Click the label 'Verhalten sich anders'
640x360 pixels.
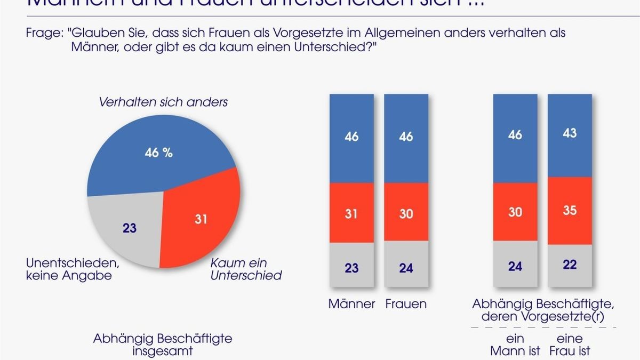[x=163, y=102]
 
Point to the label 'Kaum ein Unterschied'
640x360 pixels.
[x=246, y=269]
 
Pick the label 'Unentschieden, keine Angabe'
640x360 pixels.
[x=72, y=269]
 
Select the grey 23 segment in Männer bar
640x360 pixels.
[x=351, y=267]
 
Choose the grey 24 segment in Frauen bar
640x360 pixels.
[x=406, y=267]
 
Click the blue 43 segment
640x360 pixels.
[x=570, y=135]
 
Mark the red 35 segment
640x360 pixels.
[x=570, y=211]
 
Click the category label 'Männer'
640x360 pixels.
[x=351, y=304]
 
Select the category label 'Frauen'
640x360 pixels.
[x=406, y=304]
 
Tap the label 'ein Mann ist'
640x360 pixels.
[x=515, y=345]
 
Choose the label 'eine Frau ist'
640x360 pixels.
[x=570, y=345]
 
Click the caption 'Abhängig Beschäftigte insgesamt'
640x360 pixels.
[x=163, y=345]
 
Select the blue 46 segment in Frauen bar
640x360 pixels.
[x=406, y=138]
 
